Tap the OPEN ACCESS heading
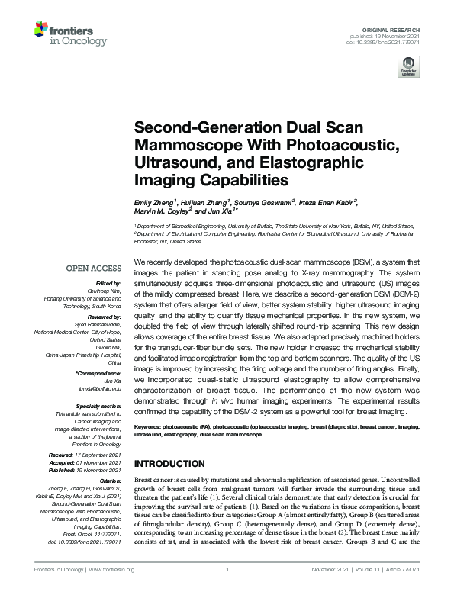tap(94, 269)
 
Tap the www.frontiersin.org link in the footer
tap(112, 570)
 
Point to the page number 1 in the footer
tap(227, 570)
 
